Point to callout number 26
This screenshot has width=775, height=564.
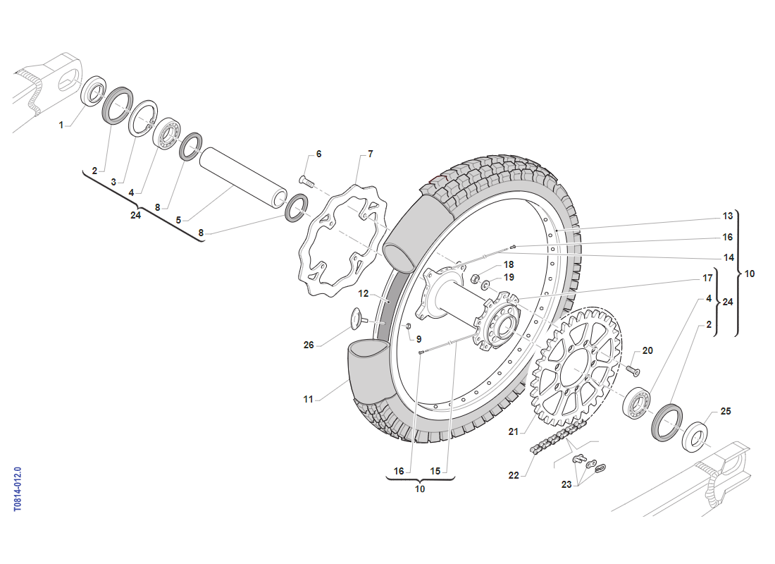coord(309,345)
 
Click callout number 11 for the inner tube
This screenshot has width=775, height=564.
coord(309,399)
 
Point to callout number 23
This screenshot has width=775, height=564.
coord(566,484)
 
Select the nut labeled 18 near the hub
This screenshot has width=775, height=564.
coord(475,276)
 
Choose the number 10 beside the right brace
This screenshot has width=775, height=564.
coord(749,274)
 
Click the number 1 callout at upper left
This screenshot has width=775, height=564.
coord(61,125)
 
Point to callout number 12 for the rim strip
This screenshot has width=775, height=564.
coord(364,293)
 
